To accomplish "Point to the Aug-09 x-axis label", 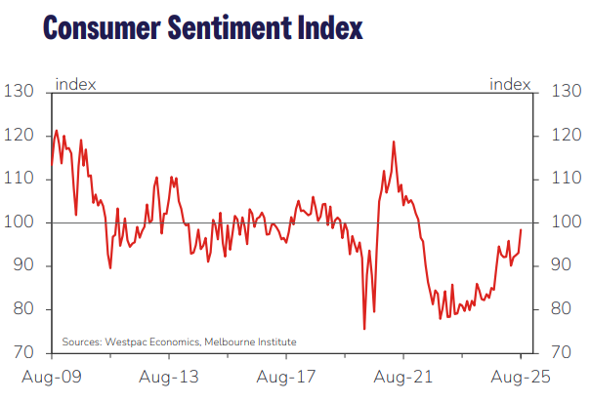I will coord(52,377).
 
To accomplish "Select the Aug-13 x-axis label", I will coord(169,377).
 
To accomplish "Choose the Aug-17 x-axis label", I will coord(286,377).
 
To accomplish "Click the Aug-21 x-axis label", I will coord(403,377).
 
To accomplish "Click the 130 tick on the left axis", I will coord(21,92).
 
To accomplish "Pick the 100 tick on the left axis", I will coord(21,222).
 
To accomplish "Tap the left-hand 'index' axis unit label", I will coord(75,84).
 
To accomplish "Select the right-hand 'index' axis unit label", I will coord(510,84).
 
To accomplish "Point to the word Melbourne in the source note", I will coord(231,342).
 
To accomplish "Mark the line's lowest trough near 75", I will coord(364,329).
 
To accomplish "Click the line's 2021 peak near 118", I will coord(394,141).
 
